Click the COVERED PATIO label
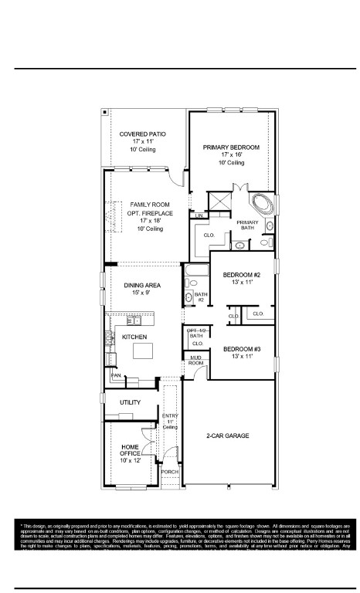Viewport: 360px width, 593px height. [143, 134]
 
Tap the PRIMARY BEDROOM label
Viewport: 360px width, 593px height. [231, 147]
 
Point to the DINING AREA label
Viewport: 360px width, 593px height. [141, 286]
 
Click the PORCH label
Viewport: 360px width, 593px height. [169, 471]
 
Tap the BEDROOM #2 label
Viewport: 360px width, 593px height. [242, 276]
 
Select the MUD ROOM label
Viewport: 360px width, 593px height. [195, 359]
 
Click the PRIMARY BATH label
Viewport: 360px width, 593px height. [247, 225]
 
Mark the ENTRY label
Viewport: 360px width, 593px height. [170, 417]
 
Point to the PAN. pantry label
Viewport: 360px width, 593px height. [117, 375]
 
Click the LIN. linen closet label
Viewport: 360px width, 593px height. [199, 215]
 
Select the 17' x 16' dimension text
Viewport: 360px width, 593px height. [231, 155]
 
